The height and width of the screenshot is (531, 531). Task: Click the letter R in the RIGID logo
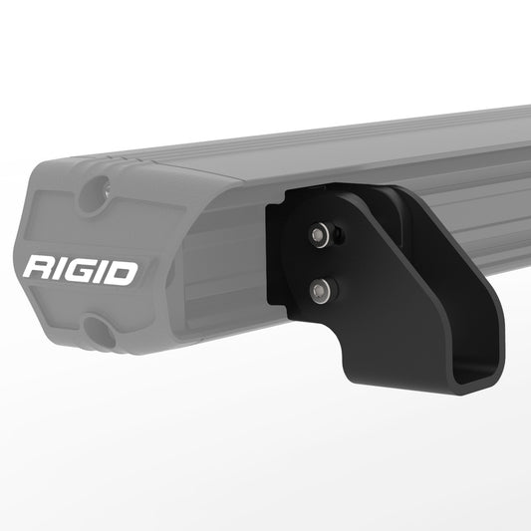tap(42, 270)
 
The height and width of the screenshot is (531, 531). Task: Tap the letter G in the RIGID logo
tap(87, 270)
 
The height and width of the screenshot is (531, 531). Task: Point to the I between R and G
tap(65, 270)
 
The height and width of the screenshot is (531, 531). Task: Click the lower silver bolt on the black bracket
tap(321, 290)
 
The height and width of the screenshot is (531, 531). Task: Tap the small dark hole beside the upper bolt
tap(340, 235)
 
